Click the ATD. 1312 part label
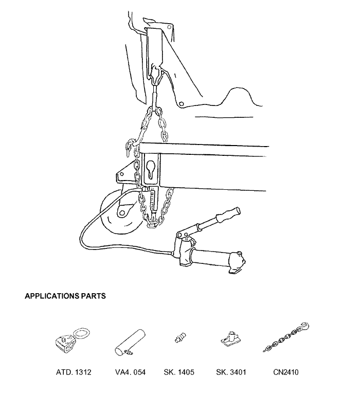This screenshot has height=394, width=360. (x=74, y=372)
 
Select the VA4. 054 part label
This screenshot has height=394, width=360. (x=130, y=372)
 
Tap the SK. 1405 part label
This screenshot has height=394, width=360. (x=179, y=372)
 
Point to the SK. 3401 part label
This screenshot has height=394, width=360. (x=231, y=372)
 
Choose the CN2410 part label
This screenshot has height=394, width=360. (x=286, y=372)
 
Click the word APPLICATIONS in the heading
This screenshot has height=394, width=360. (x=51, y=296)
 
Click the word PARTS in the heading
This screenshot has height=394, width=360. (x=93, y=296)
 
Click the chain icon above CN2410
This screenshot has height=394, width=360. (x=286, y=337)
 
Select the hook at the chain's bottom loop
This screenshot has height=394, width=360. (x=152, y=223)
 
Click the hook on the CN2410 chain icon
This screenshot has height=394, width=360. (x=304, y=327)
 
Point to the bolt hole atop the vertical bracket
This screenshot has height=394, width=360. (x=169, y=27)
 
